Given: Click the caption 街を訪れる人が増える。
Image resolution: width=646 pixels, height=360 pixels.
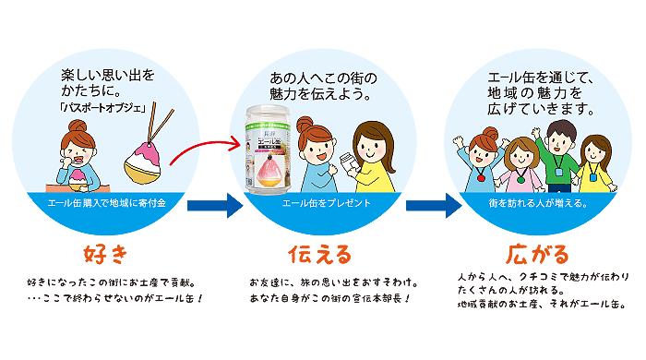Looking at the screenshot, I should pyautogui.click(x=538, y=203).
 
